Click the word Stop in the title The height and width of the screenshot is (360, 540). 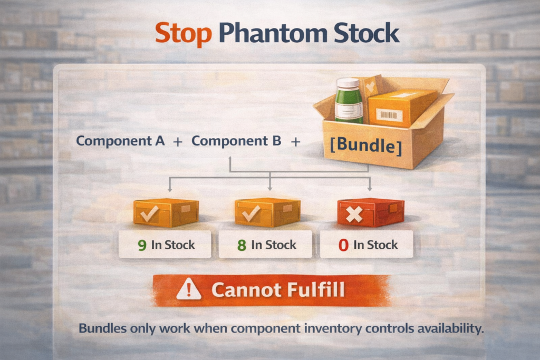[183, 34]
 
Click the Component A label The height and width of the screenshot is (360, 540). [120, 141]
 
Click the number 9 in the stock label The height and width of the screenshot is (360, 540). [141, 245]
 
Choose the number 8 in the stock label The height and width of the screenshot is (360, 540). [242, 245]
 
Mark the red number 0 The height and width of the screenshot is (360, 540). [343, 245]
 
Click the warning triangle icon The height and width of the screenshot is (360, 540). [188, 289]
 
